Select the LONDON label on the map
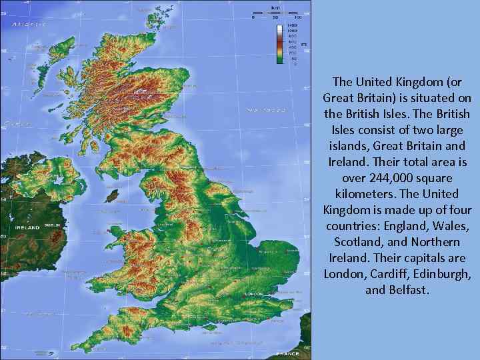253,294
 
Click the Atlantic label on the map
27,24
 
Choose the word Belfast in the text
409,290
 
